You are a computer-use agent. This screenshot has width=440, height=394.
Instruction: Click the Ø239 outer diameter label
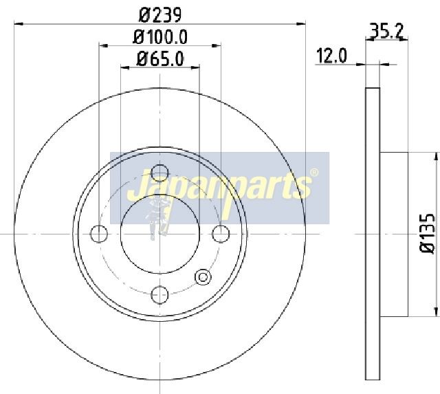coord(160,14)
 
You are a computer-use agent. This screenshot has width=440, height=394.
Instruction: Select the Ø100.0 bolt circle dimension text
coord(160,36)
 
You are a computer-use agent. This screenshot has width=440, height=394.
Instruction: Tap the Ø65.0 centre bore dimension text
coord(160,58)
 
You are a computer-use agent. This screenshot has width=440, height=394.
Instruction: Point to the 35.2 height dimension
coord(387,32)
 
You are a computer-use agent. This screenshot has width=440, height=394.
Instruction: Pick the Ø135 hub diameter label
coord(428,234)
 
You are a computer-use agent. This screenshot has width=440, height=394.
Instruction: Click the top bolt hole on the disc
coord(159,173)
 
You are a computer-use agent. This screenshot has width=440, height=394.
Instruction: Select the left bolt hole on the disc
coord(99,234)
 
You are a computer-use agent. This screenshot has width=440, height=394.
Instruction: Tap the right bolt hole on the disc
coord(221,234)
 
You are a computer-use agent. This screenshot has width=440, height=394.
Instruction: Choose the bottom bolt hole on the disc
coord(159,295)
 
